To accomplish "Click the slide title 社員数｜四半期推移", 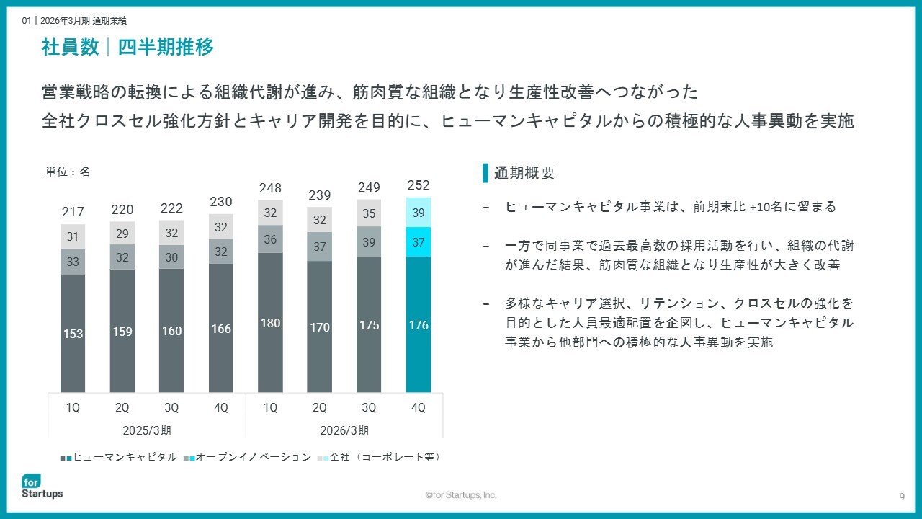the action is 127,47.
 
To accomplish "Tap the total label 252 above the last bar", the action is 419,185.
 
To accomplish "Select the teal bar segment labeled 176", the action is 419,324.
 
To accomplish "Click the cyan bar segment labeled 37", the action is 419,241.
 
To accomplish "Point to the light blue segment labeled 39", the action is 419,212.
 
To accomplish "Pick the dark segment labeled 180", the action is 270,322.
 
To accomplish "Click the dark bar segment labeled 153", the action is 73,333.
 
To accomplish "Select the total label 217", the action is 73,212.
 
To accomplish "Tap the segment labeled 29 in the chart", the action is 122,233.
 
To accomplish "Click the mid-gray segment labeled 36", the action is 270,239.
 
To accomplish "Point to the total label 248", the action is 270,188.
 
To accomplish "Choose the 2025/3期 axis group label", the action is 147,430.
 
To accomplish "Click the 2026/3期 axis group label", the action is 344,430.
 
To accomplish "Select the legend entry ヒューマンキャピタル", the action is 119,457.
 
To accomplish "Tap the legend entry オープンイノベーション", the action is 247,457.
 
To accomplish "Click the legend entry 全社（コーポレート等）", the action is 379,457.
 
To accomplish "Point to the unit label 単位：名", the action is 68,172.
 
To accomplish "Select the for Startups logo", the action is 42,487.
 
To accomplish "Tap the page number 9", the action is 902,497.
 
